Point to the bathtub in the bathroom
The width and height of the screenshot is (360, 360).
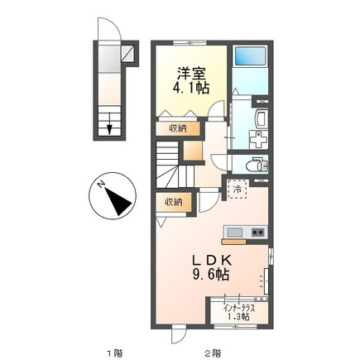249,56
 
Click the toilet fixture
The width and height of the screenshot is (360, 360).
259,165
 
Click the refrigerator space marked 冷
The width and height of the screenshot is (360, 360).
238,190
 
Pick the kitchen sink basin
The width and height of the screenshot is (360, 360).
234,231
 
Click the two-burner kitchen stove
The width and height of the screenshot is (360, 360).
255,231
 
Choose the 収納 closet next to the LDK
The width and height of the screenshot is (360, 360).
174,201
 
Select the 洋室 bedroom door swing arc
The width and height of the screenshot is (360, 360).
218,110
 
